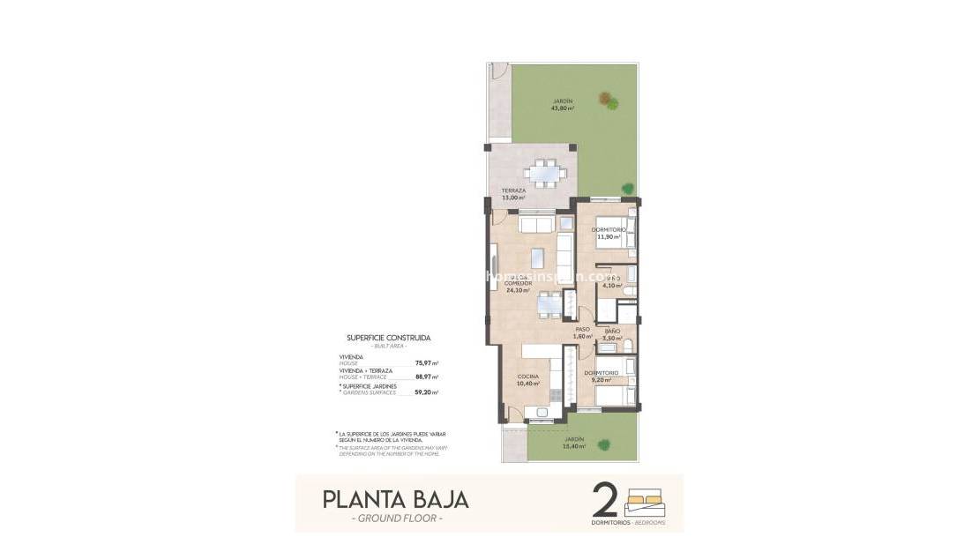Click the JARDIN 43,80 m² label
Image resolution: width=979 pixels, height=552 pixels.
562,105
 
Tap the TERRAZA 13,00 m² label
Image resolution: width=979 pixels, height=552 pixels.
513,194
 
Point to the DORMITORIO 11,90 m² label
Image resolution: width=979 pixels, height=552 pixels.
609,233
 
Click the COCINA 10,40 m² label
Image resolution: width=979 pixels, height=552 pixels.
529,380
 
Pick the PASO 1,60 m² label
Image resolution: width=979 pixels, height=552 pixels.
582,333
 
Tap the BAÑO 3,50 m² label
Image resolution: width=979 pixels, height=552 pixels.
612,334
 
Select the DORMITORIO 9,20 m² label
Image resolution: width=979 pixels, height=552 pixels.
601,377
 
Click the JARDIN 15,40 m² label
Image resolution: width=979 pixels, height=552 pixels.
574,443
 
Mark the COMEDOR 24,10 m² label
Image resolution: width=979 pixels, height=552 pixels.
519,287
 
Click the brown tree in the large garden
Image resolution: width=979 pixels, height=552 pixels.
607,100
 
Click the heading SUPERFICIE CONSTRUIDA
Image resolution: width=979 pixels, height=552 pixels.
388,337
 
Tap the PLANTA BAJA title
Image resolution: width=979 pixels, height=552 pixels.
395,499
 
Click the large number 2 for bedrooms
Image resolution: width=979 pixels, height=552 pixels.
605,499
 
